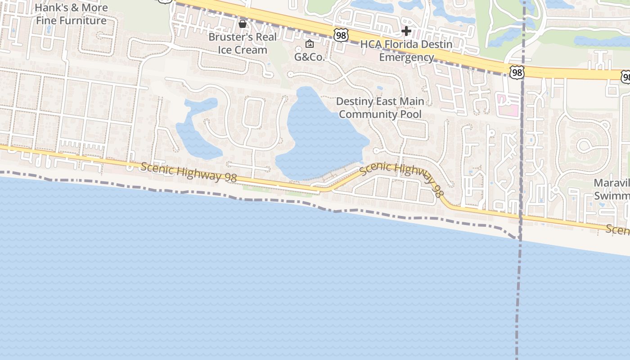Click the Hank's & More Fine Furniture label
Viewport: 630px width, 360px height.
[71, 14]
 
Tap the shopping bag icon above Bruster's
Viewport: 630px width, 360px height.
[243, 23]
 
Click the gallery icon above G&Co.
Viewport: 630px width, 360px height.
[310, 44]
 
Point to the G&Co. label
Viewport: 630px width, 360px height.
[310, 57]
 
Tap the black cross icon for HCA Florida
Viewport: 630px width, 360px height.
[406, 31]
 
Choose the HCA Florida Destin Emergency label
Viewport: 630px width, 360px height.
[406, 51]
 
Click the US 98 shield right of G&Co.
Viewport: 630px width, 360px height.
[341, 35]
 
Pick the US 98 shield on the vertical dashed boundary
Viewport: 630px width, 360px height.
[517, 72]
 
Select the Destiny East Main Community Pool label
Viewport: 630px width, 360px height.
[380, 108]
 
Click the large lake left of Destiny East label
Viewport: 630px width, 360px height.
[322, 135]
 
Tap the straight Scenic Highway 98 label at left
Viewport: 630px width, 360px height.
[189, 172]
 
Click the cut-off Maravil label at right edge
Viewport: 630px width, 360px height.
[612, 189]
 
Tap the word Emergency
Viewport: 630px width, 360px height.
[406, 57]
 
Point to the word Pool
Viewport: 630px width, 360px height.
[411, 114]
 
